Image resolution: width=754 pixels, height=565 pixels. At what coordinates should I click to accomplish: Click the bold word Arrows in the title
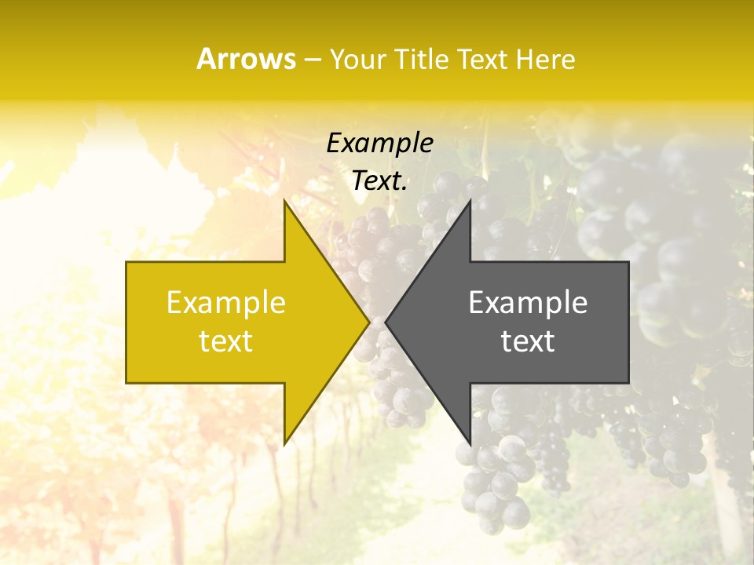[247, 59]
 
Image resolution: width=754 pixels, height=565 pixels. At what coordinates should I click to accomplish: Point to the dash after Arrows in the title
[312, 60]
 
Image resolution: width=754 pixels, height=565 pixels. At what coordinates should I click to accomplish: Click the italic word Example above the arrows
[379, 144]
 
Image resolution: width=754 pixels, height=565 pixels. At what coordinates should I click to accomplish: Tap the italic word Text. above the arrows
[379, 180]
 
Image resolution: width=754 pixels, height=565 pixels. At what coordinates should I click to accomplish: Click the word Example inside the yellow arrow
[226, 302]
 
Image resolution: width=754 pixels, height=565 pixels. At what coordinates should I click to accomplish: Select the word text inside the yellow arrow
[226, 341]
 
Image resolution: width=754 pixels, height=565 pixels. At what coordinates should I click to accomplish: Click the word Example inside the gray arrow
[528, 302]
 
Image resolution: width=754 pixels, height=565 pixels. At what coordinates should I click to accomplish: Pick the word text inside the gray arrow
[528, 341]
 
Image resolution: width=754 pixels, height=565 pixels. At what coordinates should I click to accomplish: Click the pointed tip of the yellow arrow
[368, 322]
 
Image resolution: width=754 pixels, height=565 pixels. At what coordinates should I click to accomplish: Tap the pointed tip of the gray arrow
[386, 322]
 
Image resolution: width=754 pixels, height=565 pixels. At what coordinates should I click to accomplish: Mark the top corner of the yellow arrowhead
[284, 201]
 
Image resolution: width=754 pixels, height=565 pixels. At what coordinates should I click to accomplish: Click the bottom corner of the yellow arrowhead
[284, 444]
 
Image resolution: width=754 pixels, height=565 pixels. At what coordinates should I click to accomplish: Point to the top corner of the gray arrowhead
[470, 201]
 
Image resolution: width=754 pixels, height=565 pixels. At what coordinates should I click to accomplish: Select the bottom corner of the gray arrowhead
[470, 444]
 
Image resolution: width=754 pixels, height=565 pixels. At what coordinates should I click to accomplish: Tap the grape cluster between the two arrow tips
[377, 259]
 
